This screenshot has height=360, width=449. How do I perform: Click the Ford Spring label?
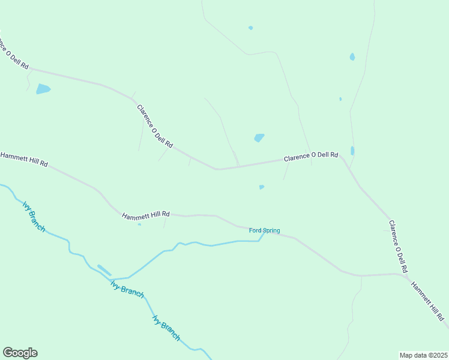(x=264, y=230)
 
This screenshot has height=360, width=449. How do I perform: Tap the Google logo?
(x=20, y=353)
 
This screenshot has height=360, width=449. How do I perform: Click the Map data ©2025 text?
(x=424, y=355)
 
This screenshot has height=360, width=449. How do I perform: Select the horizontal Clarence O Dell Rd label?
(x=310, y=156)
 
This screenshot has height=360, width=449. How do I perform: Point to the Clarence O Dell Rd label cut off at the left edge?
(x=13, y=53)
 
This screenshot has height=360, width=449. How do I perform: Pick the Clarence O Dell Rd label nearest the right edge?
(x=398, y=246)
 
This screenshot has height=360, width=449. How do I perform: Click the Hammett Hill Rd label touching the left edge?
(x=24, y=159)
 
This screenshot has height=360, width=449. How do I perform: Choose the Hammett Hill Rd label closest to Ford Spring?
(x=146, y=214)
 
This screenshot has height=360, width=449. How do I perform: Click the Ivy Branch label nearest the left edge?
(x=34, y=217)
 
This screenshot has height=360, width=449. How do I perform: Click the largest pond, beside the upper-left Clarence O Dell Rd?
(x=43, y=89)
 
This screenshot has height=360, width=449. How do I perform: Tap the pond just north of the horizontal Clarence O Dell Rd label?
(x=259, y=138)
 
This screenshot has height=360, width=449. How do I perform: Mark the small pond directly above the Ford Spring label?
(x=261, y=187)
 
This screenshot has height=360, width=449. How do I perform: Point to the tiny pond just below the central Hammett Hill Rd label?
(x=139, y=225)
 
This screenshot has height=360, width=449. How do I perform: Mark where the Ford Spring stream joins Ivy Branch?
(x=112, y=279)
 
